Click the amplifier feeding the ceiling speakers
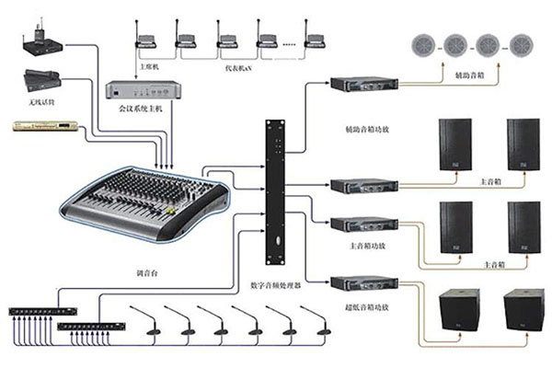(353, 85)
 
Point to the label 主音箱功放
(353, 246)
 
